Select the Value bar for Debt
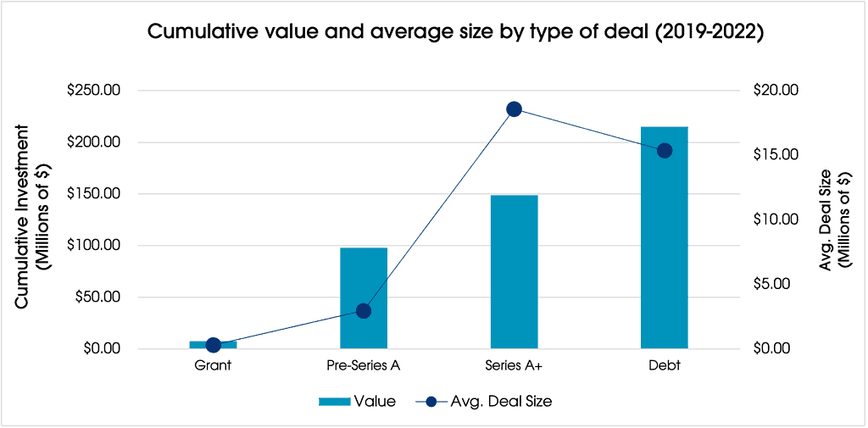(x=664, y=237)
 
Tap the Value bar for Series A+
(x=514, y=271)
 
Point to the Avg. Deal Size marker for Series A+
(x=514, y=109)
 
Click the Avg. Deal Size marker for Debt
(x=665, y=150)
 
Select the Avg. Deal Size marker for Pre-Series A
(x=364, y=311)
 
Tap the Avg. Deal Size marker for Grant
(x=214, y=345)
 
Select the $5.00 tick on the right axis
(x=773, y=284)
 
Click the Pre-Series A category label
(x=364, y=367)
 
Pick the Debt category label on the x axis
(x=665, y=367)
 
